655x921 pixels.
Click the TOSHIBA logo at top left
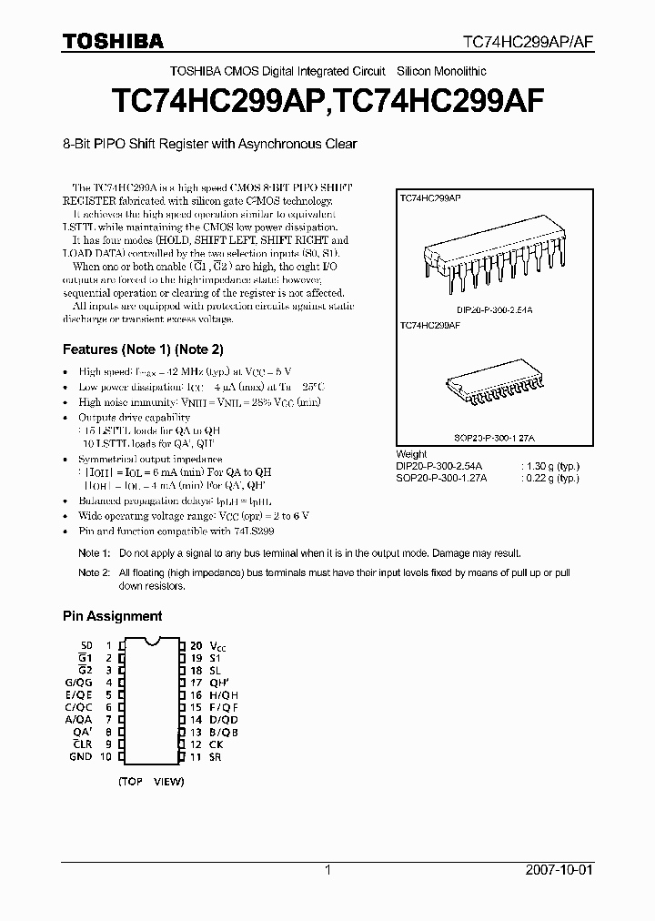pyautogui.click(x=113, y=41)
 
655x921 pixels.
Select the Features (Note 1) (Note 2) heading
pyautogui.click(x=143, y=349)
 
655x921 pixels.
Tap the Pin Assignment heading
pyautogui.click(x=112, y=616)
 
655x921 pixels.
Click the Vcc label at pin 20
pyautogui.click(x=216, y=644)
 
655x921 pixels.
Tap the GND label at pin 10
pyautogui.click(x=80, y=756)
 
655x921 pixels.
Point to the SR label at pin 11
pyautogui.click(x=214, y=756)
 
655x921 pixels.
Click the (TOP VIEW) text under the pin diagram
pyautogui.click(x=151, y=781)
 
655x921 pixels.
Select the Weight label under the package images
pyautogui.click(x=411, y=453)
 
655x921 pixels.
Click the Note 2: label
pyautogui.click(x=94, y=572)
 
